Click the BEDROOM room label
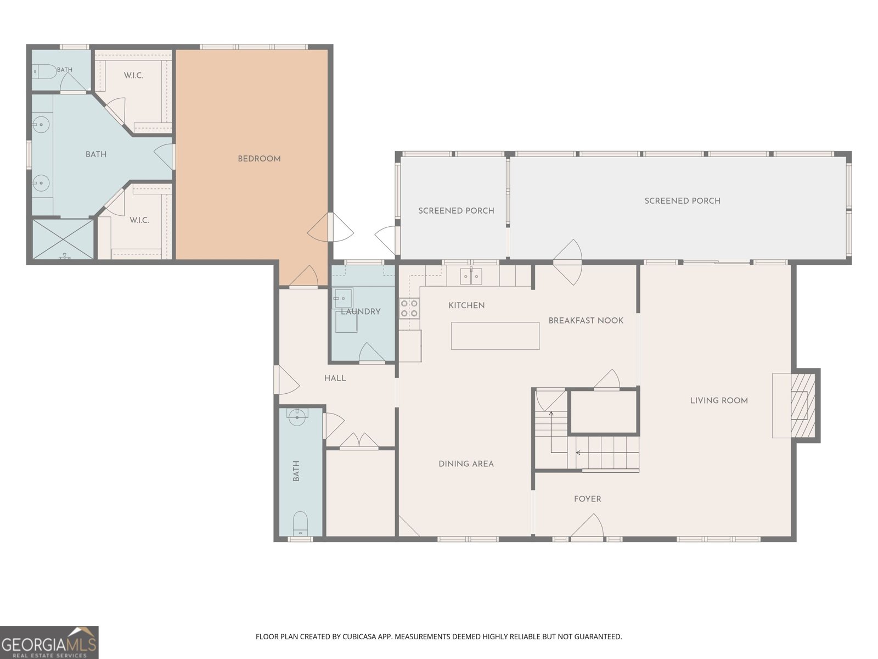point(259,159)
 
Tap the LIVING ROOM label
point(719,400)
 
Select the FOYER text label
point(587,499)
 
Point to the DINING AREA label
point(466,463)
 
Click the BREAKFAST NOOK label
point(586,321)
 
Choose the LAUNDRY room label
point(361,312)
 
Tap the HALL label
point(335,378)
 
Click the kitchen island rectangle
point(495,336)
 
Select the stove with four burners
point(409,308)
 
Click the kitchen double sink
point(471,276)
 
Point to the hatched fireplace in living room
point(803,405)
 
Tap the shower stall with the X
point(63,239)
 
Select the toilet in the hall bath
point(300,524)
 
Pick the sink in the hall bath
point(297,417)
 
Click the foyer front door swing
point(587,526)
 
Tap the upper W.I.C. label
point(133,76)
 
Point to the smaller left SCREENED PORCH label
point(456,211)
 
